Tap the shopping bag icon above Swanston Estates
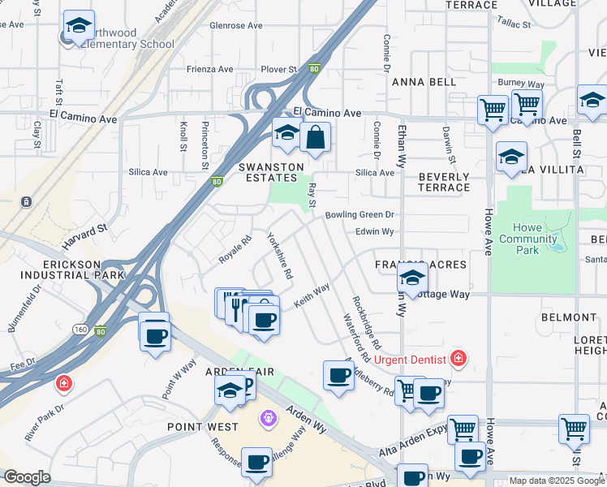315,137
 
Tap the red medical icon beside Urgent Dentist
459,358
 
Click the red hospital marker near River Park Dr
63,382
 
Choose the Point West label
203,427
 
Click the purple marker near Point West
269,418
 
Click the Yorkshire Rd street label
280,256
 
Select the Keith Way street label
312,294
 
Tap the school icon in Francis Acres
412,278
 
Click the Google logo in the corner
27,477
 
